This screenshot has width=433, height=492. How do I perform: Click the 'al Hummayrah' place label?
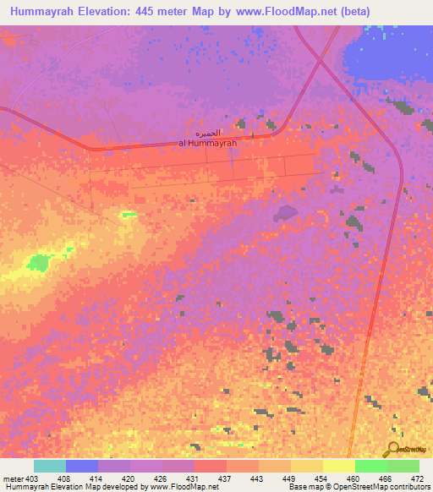(x=207, y=143)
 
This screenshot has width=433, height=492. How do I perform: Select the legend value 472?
(x=418, y=478)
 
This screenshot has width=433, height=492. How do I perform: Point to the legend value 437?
(x=226, y=478)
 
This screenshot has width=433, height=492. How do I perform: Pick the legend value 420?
(x=129, y=478)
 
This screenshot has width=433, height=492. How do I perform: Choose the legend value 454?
(x=322, y=478)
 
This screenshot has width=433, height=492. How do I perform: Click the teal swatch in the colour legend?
(x=50, y=466)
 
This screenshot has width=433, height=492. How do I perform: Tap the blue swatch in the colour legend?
(x=82, y=466)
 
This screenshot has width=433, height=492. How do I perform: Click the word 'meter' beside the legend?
(x=14, y=478)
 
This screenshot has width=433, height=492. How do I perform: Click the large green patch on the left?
(x=38, y=263)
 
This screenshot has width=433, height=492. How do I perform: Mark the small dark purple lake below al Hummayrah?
(x=286, y=212)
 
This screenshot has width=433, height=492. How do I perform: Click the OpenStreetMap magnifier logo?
(x=392, y=449)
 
